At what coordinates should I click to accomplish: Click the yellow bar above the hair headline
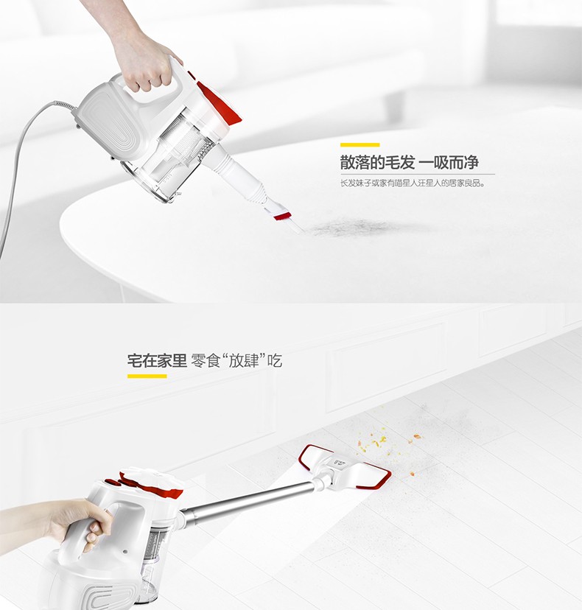coord(360,144)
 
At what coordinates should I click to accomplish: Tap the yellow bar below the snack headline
coord(147,376)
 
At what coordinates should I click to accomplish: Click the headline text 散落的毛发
coord(377,162)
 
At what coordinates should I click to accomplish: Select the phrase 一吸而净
coord(449,162)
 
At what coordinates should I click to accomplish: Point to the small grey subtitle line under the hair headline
coord(413,183)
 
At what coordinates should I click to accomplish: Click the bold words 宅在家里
coord(157,361)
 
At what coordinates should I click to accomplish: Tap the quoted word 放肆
coord(244,361)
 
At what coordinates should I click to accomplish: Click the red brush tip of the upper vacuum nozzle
coord(282,215)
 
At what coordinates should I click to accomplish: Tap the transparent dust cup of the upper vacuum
coord(171,164)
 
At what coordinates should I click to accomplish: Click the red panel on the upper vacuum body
coord(218,101)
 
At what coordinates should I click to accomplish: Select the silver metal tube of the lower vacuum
coord(249,500)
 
